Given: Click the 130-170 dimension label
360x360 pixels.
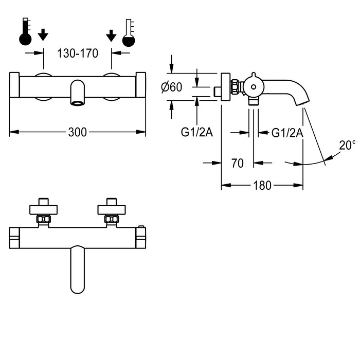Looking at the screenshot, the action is pos(78,53).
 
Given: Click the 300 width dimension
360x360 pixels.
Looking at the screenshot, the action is pos(78,132).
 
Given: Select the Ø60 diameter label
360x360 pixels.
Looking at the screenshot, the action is pos(171,87).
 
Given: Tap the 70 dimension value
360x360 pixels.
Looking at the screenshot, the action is pos(238,163).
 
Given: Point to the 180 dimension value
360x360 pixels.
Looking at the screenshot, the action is pos(262,185).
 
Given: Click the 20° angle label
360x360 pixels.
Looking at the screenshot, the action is pos(347,145).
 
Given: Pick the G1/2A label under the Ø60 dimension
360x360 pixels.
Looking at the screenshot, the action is pos(197,132).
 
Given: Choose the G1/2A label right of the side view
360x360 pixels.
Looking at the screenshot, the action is pos(287,133).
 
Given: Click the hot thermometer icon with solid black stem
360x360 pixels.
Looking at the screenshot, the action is pos(25,31).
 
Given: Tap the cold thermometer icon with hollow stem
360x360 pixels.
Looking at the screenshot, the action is pos(129,33).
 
